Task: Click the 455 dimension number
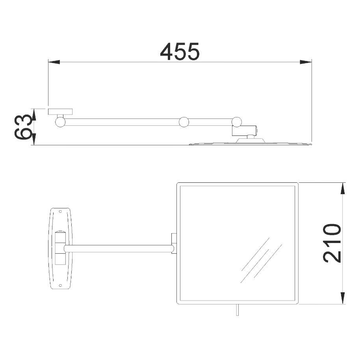180,52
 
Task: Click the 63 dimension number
22,127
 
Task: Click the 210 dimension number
332,243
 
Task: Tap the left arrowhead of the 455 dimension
54,62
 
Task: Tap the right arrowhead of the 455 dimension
306,62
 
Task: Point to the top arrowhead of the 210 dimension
343,188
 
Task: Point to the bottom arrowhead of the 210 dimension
343,298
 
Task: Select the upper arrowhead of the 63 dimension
34,115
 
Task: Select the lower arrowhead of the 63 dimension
34,139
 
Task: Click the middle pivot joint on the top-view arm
184,122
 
